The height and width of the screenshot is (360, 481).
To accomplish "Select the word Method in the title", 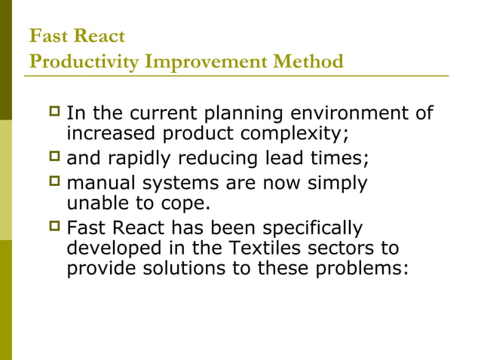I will click(x=312, y=62).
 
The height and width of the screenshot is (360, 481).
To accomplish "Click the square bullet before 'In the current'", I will click(x=54, y=114).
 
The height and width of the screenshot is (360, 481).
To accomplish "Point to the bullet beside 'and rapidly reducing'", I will click(x=54, y=160).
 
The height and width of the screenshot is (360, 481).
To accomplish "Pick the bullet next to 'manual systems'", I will click(x=54, y=183).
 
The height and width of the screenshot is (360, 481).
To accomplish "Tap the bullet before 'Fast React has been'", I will click(x=54, y=228).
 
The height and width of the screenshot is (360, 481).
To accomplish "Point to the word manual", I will click(x=100, y=183).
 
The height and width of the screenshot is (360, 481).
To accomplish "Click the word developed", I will click(x=110, y=248).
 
